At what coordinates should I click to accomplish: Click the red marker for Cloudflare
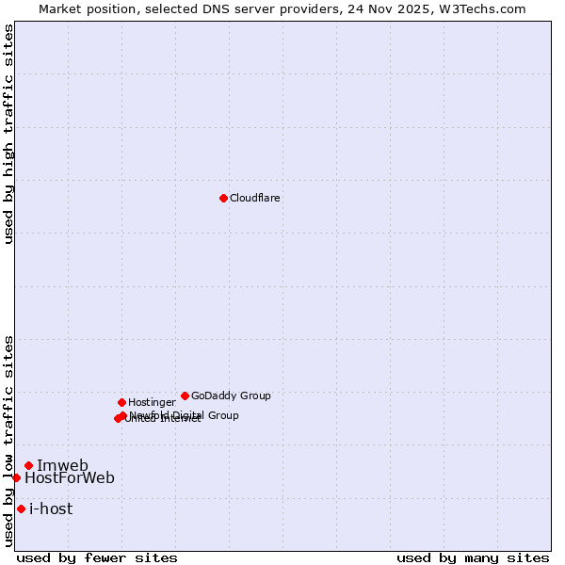coord(223,198)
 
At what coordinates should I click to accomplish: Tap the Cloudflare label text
coord(255,198)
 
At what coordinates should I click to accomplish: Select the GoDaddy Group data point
coord(185,395)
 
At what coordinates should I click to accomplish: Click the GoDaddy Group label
coord(231,395)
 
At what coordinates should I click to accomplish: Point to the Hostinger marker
coord(121,402)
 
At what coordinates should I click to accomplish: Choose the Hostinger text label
coord(152,402)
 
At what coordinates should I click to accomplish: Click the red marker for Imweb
coord(28,465)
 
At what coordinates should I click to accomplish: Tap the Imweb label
coord(62,465)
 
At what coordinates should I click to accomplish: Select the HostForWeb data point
coord(16,477)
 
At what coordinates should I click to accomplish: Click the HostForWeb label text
coord(70,477)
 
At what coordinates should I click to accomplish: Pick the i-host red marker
coord(21,508)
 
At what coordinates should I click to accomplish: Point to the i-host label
coord(51,508)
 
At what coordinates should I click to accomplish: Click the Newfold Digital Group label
coord(186,414)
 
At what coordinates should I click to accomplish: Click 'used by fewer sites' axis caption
coord(97,557)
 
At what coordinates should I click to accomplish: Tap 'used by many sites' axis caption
coord(473,557)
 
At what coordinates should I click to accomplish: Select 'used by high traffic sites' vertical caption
coord(8,134)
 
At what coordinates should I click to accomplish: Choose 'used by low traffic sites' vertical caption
coord(8,440)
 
